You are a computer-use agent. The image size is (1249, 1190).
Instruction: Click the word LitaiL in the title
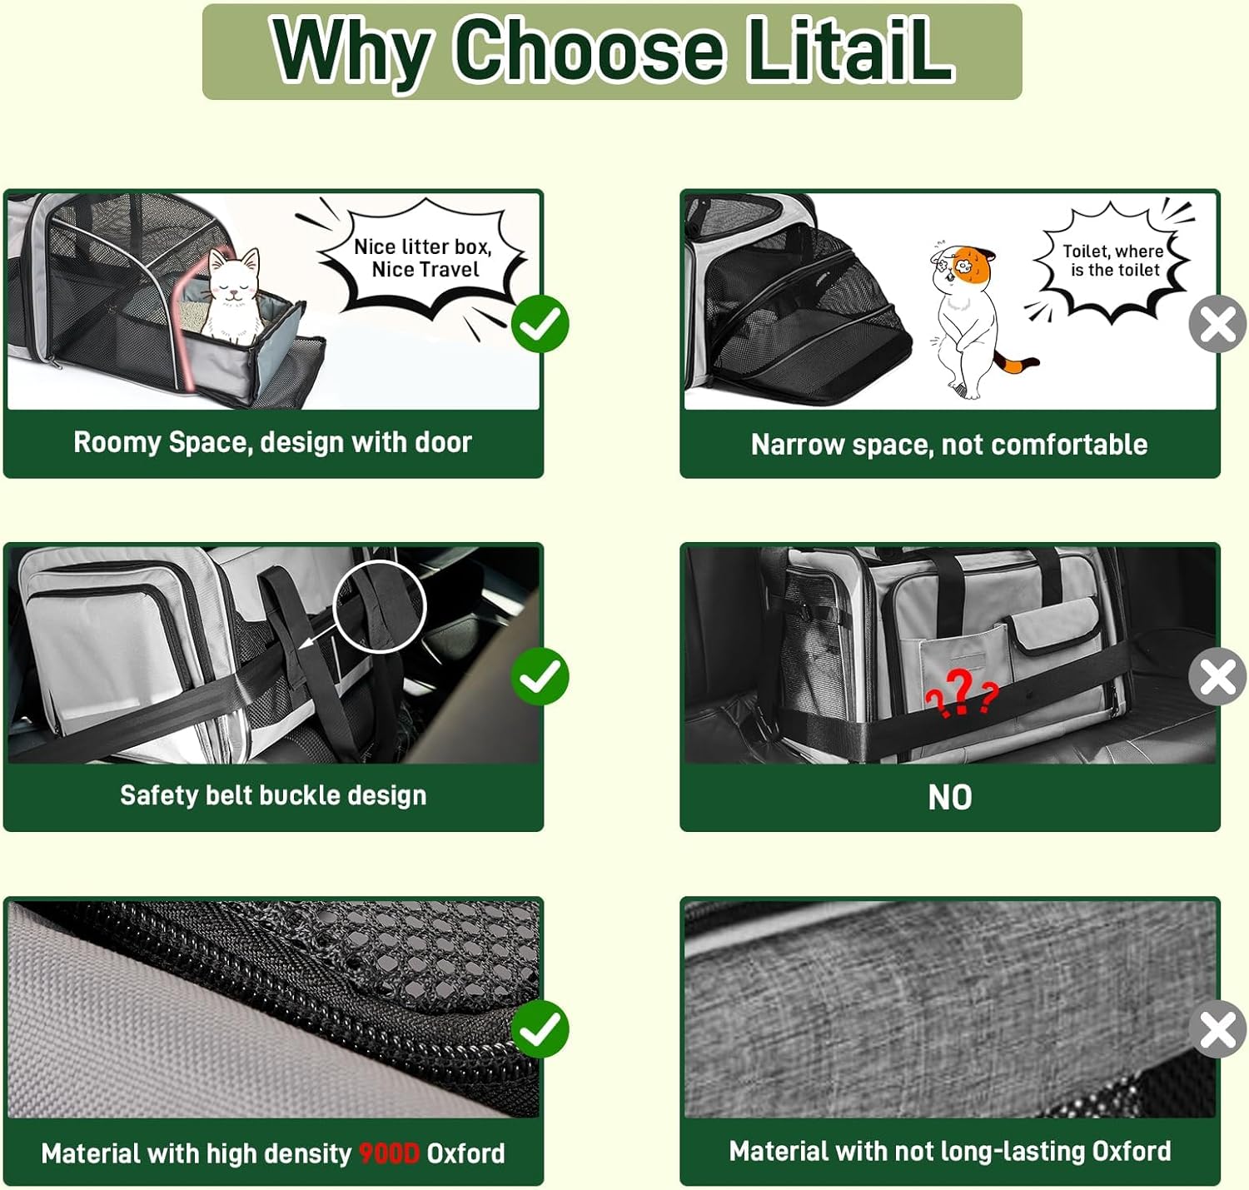click(850, 50)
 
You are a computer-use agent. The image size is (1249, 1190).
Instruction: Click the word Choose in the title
click(589, 51)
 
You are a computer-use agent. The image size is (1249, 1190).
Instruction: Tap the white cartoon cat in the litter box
click(233, 296)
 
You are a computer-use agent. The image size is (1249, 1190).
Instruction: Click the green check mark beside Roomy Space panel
click(540, 323)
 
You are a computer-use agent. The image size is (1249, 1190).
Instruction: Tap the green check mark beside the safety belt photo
click(540, 677)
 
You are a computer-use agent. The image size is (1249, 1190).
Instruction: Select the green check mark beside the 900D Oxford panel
click(540, 1029)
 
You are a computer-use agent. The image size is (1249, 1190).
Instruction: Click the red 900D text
click(389, 1153)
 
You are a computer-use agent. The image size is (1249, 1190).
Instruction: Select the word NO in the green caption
click(950, 797)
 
